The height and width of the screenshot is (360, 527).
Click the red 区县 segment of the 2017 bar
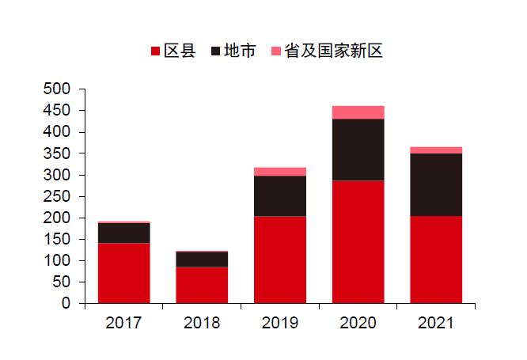(123, 273)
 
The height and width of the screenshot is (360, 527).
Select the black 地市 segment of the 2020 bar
(358, 150)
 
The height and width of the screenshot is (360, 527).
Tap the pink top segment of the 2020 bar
(358, 112)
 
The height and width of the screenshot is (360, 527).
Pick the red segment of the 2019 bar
(279, 260)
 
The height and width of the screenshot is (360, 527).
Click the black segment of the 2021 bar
(436, 184)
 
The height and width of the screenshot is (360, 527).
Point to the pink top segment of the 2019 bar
(279, 172)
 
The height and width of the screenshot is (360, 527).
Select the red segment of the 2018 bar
(202, 285)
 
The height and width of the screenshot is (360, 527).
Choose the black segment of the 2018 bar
(202, 260)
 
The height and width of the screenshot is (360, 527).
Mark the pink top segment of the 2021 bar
(436, 150)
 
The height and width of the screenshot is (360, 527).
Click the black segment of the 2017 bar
(123, 233)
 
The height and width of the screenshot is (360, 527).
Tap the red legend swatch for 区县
(155, 52)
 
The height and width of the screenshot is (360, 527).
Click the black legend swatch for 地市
(215, 52)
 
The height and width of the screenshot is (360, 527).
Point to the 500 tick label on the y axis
(58, 89)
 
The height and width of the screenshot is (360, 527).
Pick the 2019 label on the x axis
(279, 323)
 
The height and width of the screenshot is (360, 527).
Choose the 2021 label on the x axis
(436, 323)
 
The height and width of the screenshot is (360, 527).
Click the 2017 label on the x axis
(123, 323)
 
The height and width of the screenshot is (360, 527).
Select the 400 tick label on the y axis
(58, 131)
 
